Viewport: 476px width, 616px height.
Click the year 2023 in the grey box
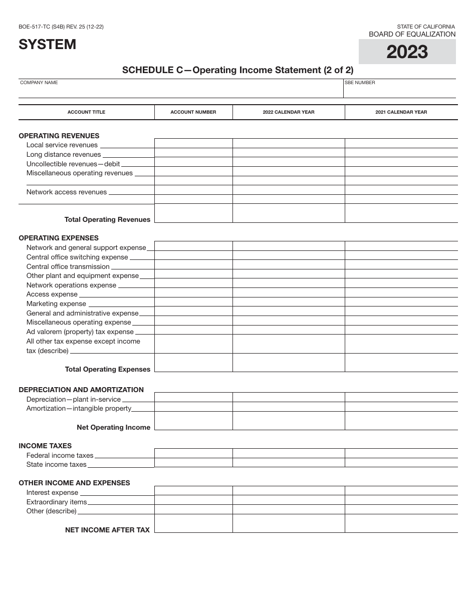[x=407, y=52]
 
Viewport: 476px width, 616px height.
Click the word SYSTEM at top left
[x=48, y=45]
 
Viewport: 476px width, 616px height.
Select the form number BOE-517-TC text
[x=61, y=27]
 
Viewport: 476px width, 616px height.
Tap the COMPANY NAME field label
[x=39, y=83]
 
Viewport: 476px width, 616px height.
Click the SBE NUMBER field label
[x=360, y=83]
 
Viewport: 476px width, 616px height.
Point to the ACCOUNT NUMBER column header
[x=193, y=112]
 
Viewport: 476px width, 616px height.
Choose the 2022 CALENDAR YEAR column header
[x=289, y=112]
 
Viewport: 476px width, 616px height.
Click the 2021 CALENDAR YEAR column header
[x=401, y=112]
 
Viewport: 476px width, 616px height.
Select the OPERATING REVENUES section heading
[x=59, y=136]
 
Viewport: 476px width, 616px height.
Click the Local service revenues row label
[x=62, y=145]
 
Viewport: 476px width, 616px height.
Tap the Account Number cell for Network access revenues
[x=193, y=190]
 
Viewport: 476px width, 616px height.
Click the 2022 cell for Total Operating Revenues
[x=289, y=213]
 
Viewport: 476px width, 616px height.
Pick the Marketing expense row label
[x=56, y=303]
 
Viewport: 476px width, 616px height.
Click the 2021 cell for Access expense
[x=401, y=293]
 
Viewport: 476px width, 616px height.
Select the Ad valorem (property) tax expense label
[x=80, y=332]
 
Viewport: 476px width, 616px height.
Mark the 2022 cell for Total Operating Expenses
[x=289, y=363]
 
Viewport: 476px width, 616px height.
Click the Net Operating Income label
[x=113, y=427]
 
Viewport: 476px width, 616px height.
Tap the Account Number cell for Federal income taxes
[x=193, y=453]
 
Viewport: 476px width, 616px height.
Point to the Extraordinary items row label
[x=57, y=502]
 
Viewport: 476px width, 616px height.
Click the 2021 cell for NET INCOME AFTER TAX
[x=401, y=523]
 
